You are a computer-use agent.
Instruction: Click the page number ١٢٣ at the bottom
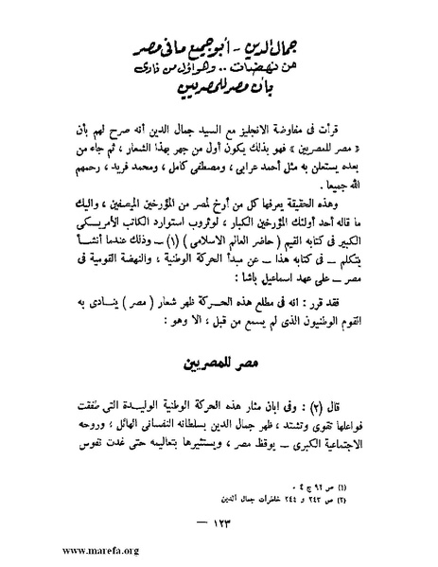(x=219, y=520)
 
